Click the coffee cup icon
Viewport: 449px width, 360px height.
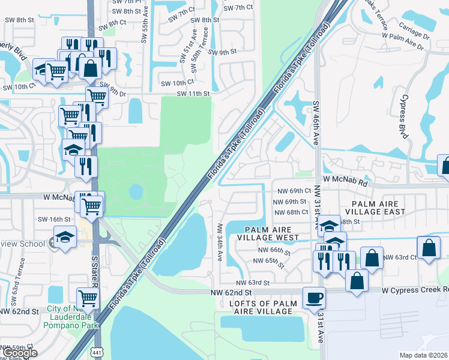click(x=314, y=298)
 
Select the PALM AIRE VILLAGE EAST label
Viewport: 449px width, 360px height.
click(x=368, y=207)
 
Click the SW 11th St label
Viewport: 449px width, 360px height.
click(x=193, y=94)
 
